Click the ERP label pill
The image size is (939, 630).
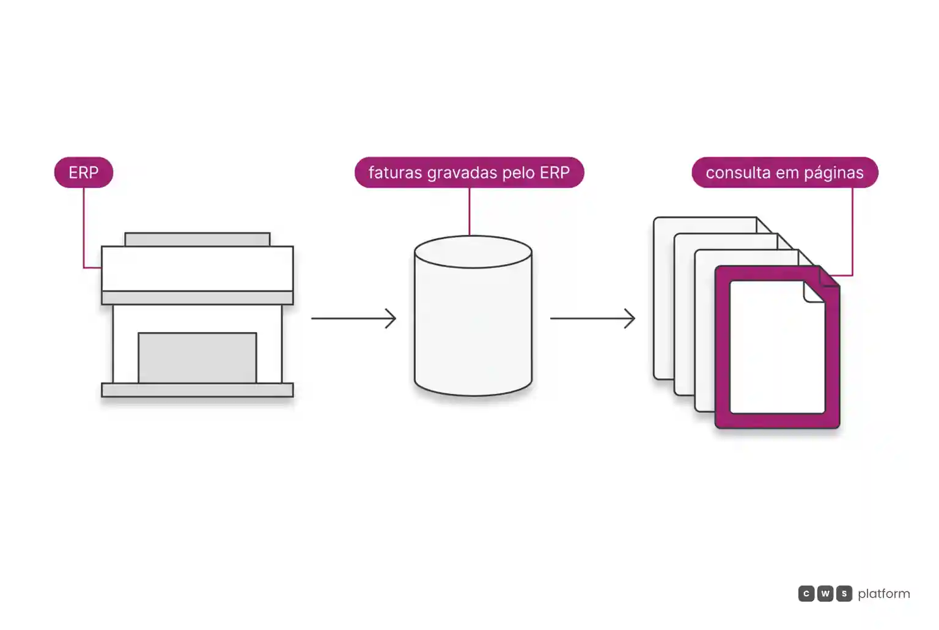pos(84,172)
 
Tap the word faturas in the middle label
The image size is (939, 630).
pos(396,172)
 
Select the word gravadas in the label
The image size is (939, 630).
pos(462,173)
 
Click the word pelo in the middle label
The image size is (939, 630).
pos(518,173)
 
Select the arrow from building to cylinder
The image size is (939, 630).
pos(353,318)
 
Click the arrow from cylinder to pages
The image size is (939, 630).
pos(593,318)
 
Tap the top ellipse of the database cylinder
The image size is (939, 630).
pos(473,251)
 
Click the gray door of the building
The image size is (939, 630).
pos(197,358)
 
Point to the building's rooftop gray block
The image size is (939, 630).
pos(197,240)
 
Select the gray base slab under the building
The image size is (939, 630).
pos(197,390)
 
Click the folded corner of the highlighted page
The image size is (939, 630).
pos(814,292)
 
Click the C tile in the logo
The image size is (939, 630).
pos(806,593)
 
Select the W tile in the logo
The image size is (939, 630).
pos(825,593)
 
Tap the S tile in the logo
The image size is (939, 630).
pos(844,593)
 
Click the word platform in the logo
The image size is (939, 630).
pos(884,594)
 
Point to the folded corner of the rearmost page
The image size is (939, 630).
pos(764,225)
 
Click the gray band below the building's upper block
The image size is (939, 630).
pos(197,298)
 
